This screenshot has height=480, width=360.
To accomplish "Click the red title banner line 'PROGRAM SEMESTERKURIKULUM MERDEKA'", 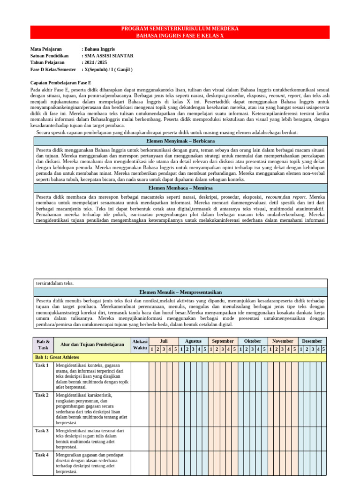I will tap(180, 29).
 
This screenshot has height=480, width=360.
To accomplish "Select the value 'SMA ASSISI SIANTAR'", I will tap(108, 56).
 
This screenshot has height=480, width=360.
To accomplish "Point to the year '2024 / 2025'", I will tap(96, 62).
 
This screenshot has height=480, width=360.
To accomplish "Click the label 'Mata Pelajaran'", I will tap(46, 49).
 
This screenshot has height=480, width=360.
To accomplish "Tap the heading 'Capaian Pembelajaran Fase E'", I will tap(60, 82).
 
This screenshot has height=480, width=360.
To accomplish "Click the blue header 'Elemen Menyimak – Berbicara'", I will tap(180, 141).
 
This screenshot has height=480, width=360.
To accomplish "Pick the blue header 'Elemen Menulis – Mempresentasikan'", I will tap(180, 292).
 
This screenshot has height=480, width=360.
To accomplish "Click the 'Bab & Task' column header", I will tap(43, 345).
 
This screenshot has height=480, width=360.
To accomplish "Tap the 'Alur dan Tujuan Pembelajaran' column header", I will tap(92, 345).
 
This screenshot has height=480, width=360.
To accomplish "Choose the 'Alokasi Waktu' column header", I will tap(140, 345).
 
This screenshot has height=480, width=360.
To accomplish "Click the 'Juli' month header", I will tap(164, 341).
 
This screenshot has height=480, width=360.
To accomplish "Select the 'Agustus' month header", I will tap(193, 341).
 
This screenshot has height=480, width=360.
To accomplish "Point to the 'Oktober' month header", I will tap(253, 341).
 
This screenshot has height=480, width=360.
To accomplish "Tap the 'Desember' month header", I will tap(312, 341).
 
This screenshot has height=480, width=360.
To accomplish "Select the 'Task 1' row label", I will tap(42, 366).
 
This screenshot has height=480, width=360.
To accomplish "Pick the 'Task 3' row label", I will tap(42, 431).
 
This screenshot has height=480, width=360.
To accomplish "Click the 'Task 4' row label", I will tap(42, 455).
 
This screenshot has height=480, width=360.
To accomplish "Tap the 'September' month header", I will tap(223, 341).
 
